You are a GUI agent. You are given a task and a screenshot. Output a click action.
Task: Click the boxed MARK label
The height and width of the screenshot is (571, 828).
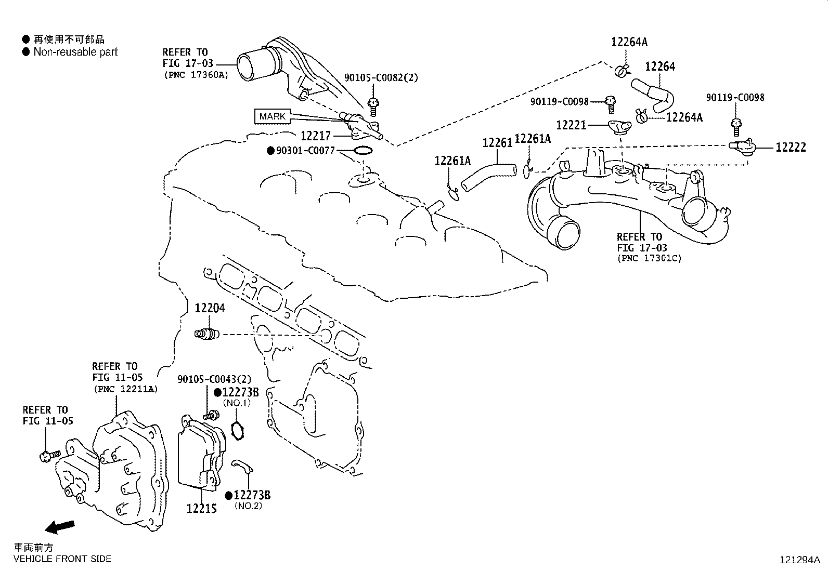tap(272, 116)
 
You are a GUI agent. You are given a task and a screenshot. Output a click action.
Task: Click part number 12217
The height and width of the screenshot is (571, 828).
tap(316, 136)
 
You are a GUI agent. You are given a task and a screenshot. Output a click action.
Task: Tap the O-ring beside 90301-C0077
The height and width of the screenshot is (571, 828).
tap(363, 151)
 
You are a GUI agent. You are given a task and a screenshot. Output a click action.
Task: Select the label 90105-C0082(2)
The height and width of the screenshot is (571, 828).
tap(381, 78)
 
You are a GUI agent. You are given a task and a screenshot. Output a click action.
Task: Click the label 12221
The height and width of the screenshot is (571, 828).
tap(571, 125)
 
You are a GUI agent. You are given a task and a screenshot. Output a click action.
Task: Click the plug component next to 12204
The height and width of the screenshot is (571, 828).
tap(207, 334)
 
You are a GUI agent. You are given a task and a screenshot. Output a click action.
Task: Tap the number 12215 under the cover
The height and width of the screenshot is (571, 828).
tap(201, 508)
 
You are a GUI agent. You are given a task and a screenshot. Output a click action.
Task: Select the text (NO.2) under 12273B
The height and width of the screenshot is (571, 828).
tap(248, 506)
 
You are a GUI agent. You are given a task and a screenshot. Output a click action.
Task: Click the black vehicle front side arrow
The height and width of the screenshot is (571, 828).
tap(59, 527)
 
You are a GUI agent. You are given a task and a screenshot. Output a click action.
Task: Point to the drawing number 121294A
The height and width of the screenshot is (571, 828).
tap(799, 560)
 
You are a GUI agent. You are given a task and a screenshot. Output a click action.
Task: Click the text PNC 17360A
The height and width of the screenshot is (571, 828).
tap(196, 75)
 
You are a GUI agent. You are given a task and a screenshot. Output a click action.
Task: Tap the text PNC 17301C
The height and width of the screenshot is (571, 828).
tap(649, 258)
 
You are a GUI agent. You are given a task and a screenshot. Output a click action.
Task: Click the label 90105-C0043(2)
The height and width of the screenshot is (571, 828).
tap(214, 379)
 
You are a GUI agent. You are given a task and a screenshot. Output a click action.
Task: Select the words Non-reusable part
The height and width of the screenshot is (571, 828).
tap(75, 52)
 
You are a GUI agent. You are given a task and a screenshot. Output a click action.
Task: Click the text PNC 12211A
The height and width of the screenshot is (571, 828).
tap(125, 389)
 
